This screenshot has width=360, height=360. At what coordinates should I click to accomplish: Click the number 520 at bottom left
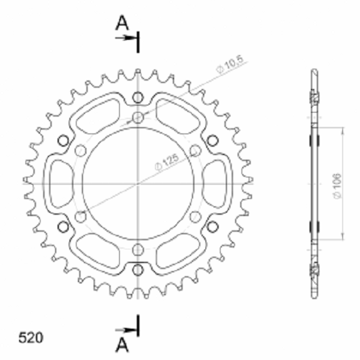coord(31,338)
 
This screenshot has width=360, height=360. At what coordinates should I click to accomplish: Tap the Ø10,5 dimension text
coord(230,65)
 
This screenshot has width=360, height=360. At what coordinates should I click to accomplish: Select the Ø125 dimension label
coord(167,162)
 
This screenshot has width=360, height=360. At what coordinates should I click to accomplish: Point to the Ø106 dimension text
coord(336,186)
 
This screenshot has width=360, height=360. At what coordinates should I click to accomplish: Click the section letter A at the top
coord(122,23)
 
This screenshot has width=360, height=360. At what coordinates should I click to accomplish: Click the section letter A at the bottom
coord(122,345)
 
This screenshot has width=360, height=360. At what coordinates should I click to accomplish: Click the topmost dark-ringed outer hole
coord(137,98)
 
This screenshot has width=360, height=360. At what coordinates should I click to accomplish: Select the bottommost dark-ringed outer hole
coord(137,270)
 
